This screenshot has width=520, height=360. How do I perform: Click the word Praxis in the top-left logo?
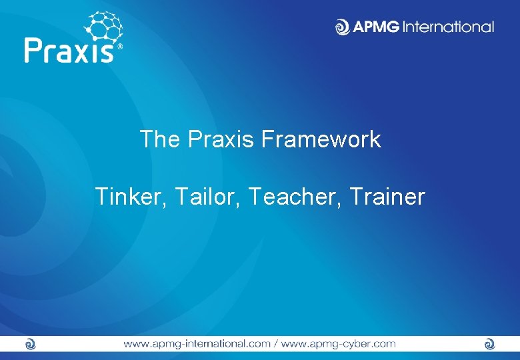[70, 50]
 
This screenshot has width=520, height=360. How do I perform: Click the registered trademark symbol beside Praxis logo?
[120, 47]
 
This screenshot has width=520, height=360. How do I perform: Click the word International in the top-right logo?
[451, 27]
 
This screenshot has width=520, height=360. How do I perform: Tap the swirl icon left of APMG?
[342, 27]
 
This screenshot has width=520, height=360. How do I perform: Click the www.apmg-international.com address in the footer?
[196, 344]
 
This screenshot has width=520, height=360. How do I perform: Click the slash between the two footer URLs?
[275, 344]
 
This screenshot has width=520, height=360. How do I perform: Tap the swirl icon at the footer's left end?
[29, 344]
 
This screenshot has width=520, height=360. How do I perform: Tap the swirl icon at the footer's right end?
[489, 344]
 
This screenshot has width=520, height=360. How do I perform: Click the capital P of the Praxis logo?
[33, 50]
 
